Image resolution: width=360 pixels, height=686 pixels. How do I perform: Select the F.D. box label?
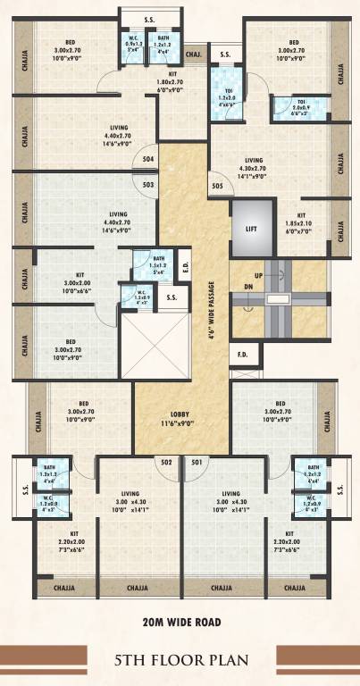pyautogui.click(x=242, y=355)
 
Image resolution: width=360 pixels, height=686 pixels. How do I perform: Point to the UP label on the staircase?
pyautogui.click(x=258, y=276)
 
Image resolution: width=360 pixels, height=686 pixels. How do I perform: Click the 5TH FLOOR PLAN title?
pyautogui.click(x=180, y=662)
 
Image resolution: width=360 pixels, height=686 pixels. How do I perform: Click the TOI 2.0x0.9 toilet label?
pyautogui.click(x=296, y=107)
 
